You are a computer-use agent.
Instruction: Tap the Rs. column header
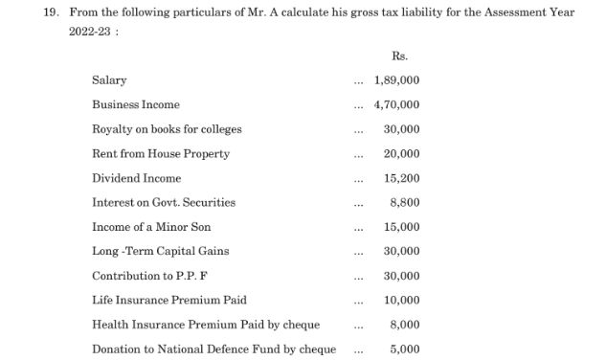point(400,56)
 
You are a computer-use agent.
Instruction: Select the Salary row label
point(109,80)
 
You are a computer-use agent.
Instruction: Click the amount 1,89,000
point(396,80)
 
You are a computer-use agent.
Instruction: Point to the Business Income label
point(135,104)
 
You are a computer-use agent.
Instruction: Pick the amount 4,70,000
point(396,104)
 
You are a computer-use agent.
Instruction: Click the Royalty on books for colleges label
point(167,129)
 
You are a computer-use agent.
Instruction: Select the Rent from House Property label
point(161,153)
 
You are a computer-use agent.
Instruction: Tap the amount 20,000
point(401,153)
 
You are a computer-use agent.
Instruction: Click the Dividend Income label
point(136,178)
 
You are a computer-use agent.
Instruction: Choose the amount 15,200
point(401,178)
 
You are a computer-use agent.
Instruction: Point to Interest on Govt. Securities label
point(163,202)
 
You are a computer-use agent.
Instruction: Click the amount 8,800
point(405,202)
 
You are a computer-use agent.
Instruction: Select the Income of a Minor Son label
point(151,227)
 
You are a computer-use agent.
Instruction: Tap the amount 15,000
point(401,227)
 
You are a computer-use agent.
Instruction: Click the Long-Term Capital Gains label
point(160,251)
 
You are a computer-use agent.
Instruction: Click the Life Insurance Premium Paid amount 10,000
point(401,301)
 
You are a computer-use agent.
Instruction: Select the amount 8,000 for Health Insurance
point(405,325)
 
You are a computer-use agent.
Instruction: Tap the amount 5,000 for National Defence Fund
point(405,349)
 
